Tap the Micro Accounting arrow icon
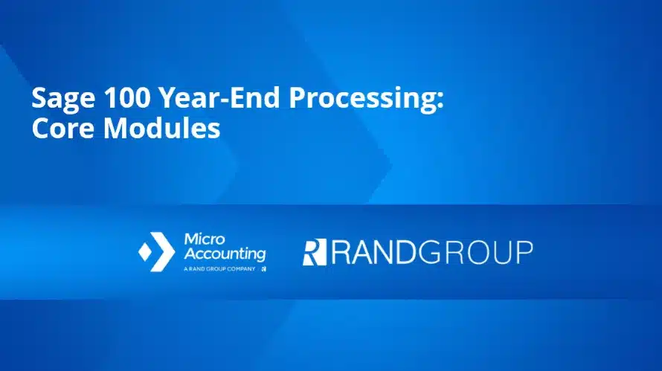pos(157,252)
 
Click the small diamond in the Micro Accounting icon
pos(145,252)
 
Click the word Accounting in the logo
pos(224,254)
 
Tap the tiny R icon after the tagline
pos(263,268)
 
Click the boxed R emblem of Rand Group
pos(314,252)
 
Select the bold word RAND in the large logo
pos(373,252)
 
